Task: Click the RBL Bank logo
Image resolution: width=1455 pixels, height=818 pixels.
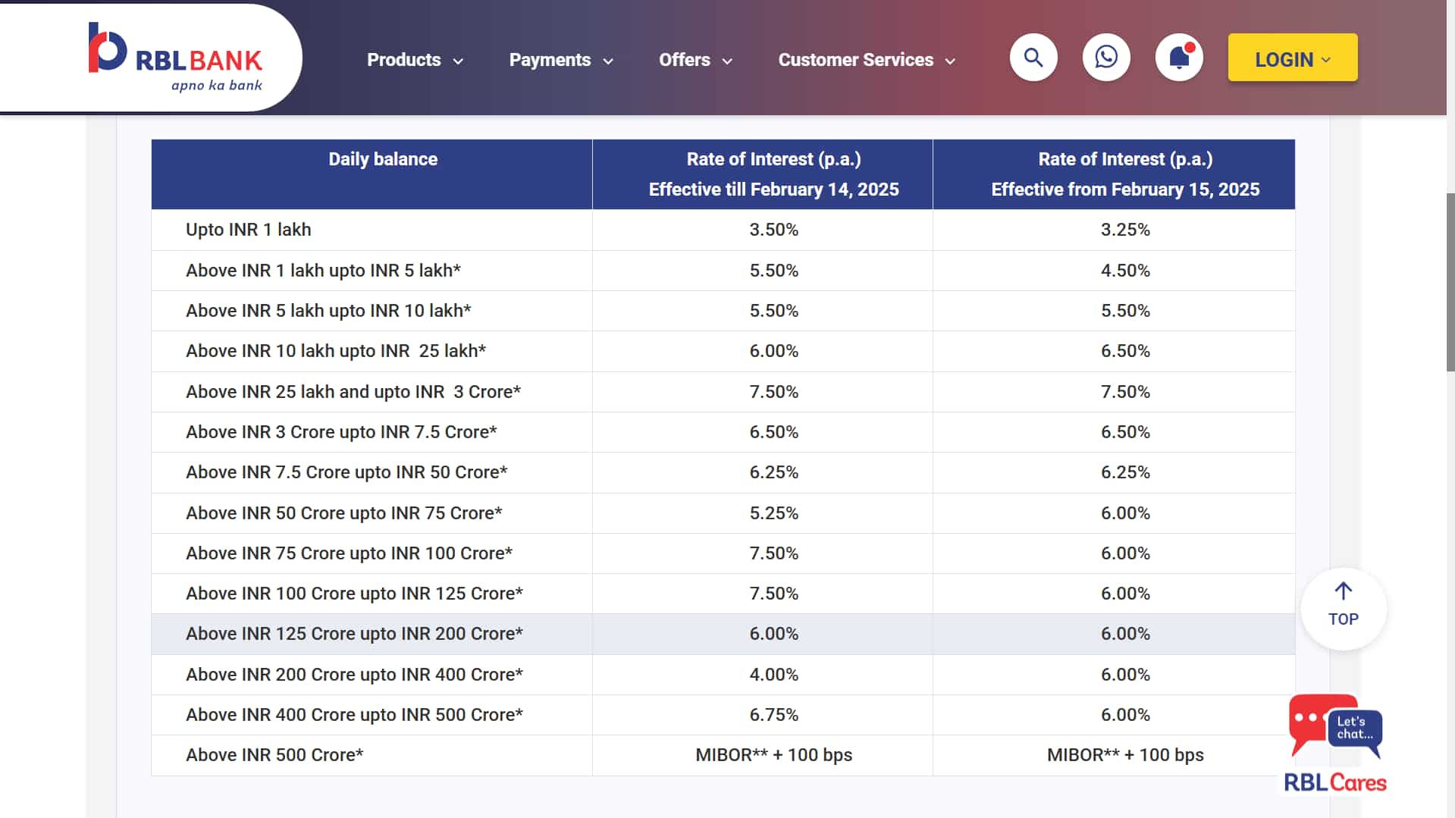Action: pos(175,58)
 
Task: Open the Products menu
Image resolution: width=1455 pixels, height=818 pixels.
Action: pos(414,60)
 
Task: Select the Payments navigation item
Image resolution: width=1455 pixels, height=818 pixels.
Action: pos(560,60)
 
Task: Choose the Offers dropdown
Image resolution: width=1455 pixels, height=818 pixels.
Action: pos(695,60)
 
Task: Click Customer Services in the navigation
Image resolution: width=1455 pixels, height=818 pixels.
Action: pos(866,60)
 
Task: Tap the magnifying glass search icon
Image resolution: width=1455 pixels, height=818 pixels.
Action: pos(1033,58)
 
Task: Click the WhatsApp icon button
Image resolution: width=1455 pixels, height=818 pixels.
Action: pos(1105,58)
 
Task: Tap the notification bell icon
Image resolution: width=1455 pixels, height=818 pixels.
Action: pos(1178,58)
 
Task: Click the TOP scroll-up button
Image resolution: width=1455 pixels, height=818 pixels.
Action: pos(1343,607)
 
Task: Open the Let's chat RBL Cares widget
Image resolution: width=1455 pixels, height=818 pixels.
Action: pos(1335,742)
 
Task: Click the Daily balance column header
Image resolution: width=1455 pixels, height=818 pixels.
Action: pos(383,159)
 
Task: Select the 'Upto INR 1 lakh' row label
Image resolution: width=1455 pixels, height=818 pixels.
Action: pos(248,230)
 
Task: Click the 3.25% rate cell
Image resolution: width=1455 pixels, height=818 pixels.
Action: pos(1124,230)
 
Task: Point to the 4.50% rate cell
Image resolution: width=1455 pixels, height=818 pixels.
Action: pos(1124,271)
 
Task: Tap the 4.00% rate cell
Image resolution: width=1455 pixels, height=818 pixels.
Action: pos(773,675)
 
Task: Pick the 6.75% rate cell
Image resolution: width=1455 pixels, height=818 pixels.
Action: pos(773,715)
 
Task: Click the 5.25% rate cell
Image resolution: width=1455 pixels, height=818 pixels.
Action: pos(773,513)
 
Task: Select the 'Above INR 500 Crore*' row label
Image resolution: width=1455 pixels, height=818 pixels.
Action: pos(274,755)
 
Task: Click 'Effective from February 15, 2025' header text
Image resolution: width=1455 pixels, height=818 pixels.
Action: pos(1124,190)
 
